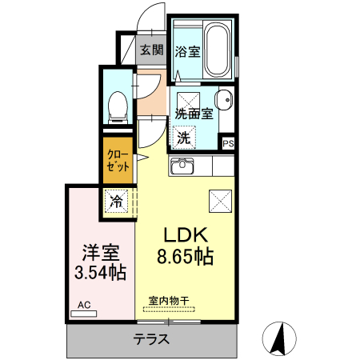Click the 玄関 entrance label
tap(152, 50)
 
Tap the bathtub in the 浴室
tap(218, 50)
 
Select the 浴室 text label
tap(187, 51)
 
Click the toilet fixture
tap(118, 107)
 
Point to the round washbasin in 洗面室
tap(224, 100)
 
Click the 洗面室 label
tap(194, 114)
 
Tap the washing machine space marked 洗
tap(184, 138)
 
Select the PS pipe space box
tap(228, 143)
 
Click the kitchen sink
tap(182, 166)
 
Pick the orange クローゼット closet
tap(118, 160)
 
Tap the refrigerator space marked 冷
tap(116, 201)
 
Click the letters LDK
tap(186, 234)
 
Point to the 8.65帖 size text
tap(185, 257)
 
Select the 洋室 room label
tap(101, 253)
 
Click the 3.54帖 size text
tap(100, 272)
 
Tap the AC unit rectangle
tap(84, 314)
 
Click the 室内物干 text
tap(169, 301)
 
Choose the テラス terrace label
tap(151, 339)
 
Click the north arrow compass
tap(279, 338)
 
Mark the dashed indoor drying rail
tap(169, 310)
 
